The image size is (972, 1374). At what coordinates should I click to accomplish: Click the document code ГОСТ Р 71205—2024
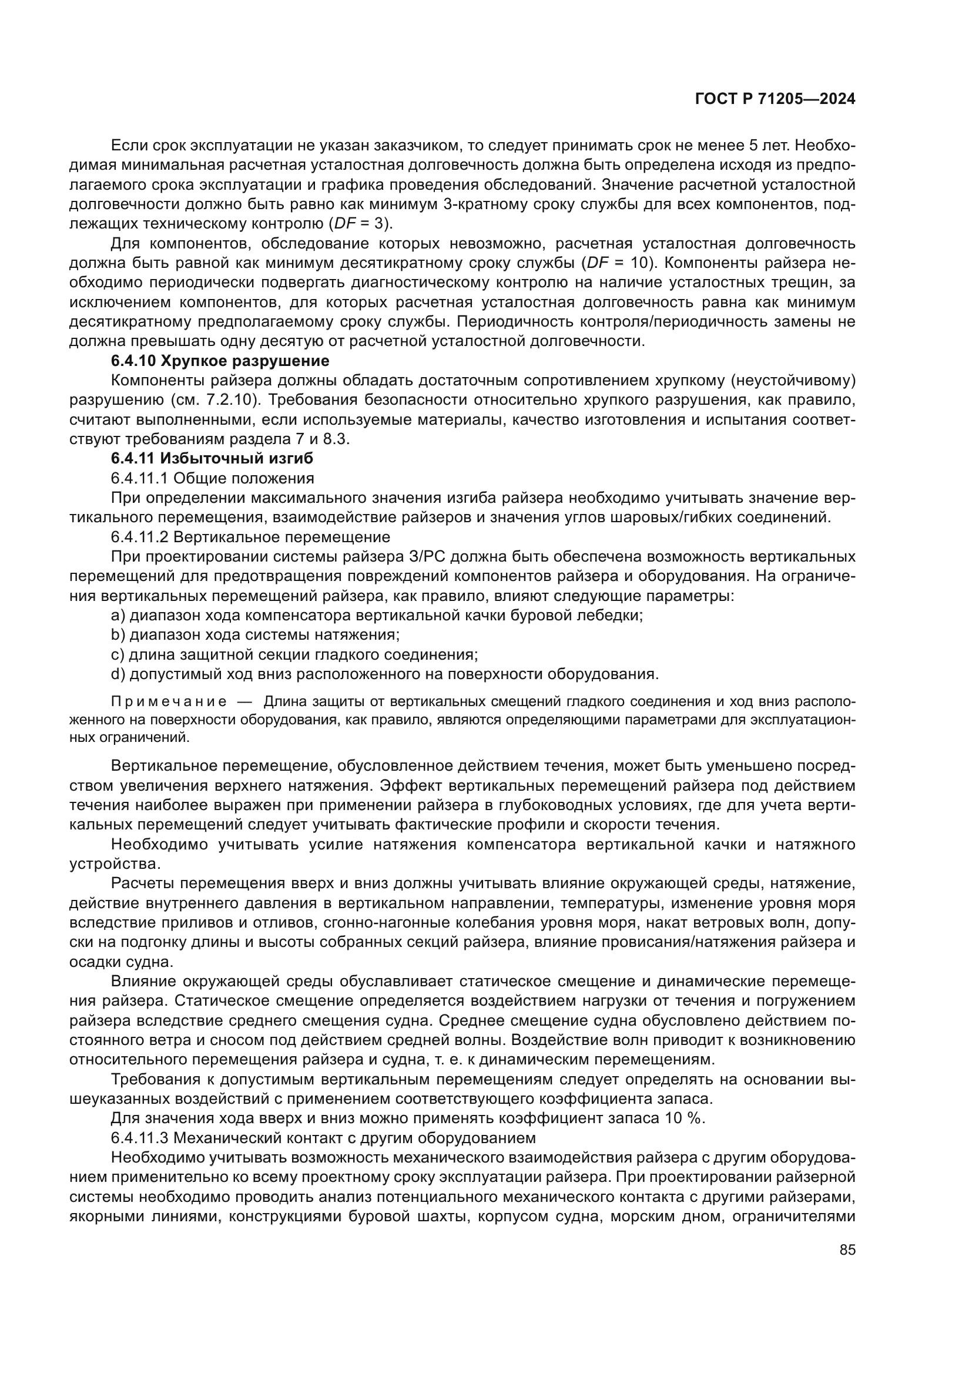pos(775,99)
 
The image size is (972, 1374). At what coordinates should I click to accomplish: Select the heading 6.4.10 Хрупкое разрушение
pos(220,361)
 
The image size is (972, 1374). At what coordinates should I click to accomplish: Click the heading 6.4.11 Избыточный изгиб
pos(212,458)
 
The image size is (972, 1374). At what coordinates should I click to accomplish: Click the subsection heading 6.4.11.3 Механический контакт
pos(323,1137)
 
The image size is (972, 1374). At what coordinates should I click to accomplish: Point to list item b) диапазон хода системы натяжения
pos(255,634)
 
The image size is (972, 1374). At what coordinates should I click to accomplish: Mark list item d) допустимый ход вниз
pos(384,674)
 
